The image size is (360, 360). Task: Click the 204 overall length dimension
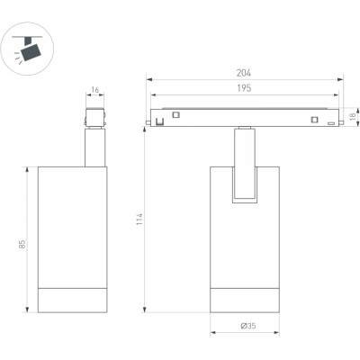click(243, 73)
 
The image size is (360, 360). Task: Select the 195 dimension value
click(244, 88)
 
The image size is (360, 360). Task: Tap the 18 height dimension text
click(353, 115)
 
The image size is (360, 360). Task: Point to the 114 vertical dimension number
click(139, 220)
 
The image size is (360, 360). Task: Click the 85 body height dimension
click(22, 244)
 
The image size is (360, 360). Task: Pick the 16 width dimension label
click(94, 90)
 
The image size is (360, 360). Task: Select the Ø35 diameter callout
click(248, 326)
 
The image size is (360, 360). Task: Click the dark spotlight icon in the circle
click(31, 49)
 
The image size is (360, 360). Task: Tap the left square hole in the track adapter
click(175, 114)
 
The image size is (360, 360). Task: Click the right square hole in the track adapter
click(314, 120)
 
